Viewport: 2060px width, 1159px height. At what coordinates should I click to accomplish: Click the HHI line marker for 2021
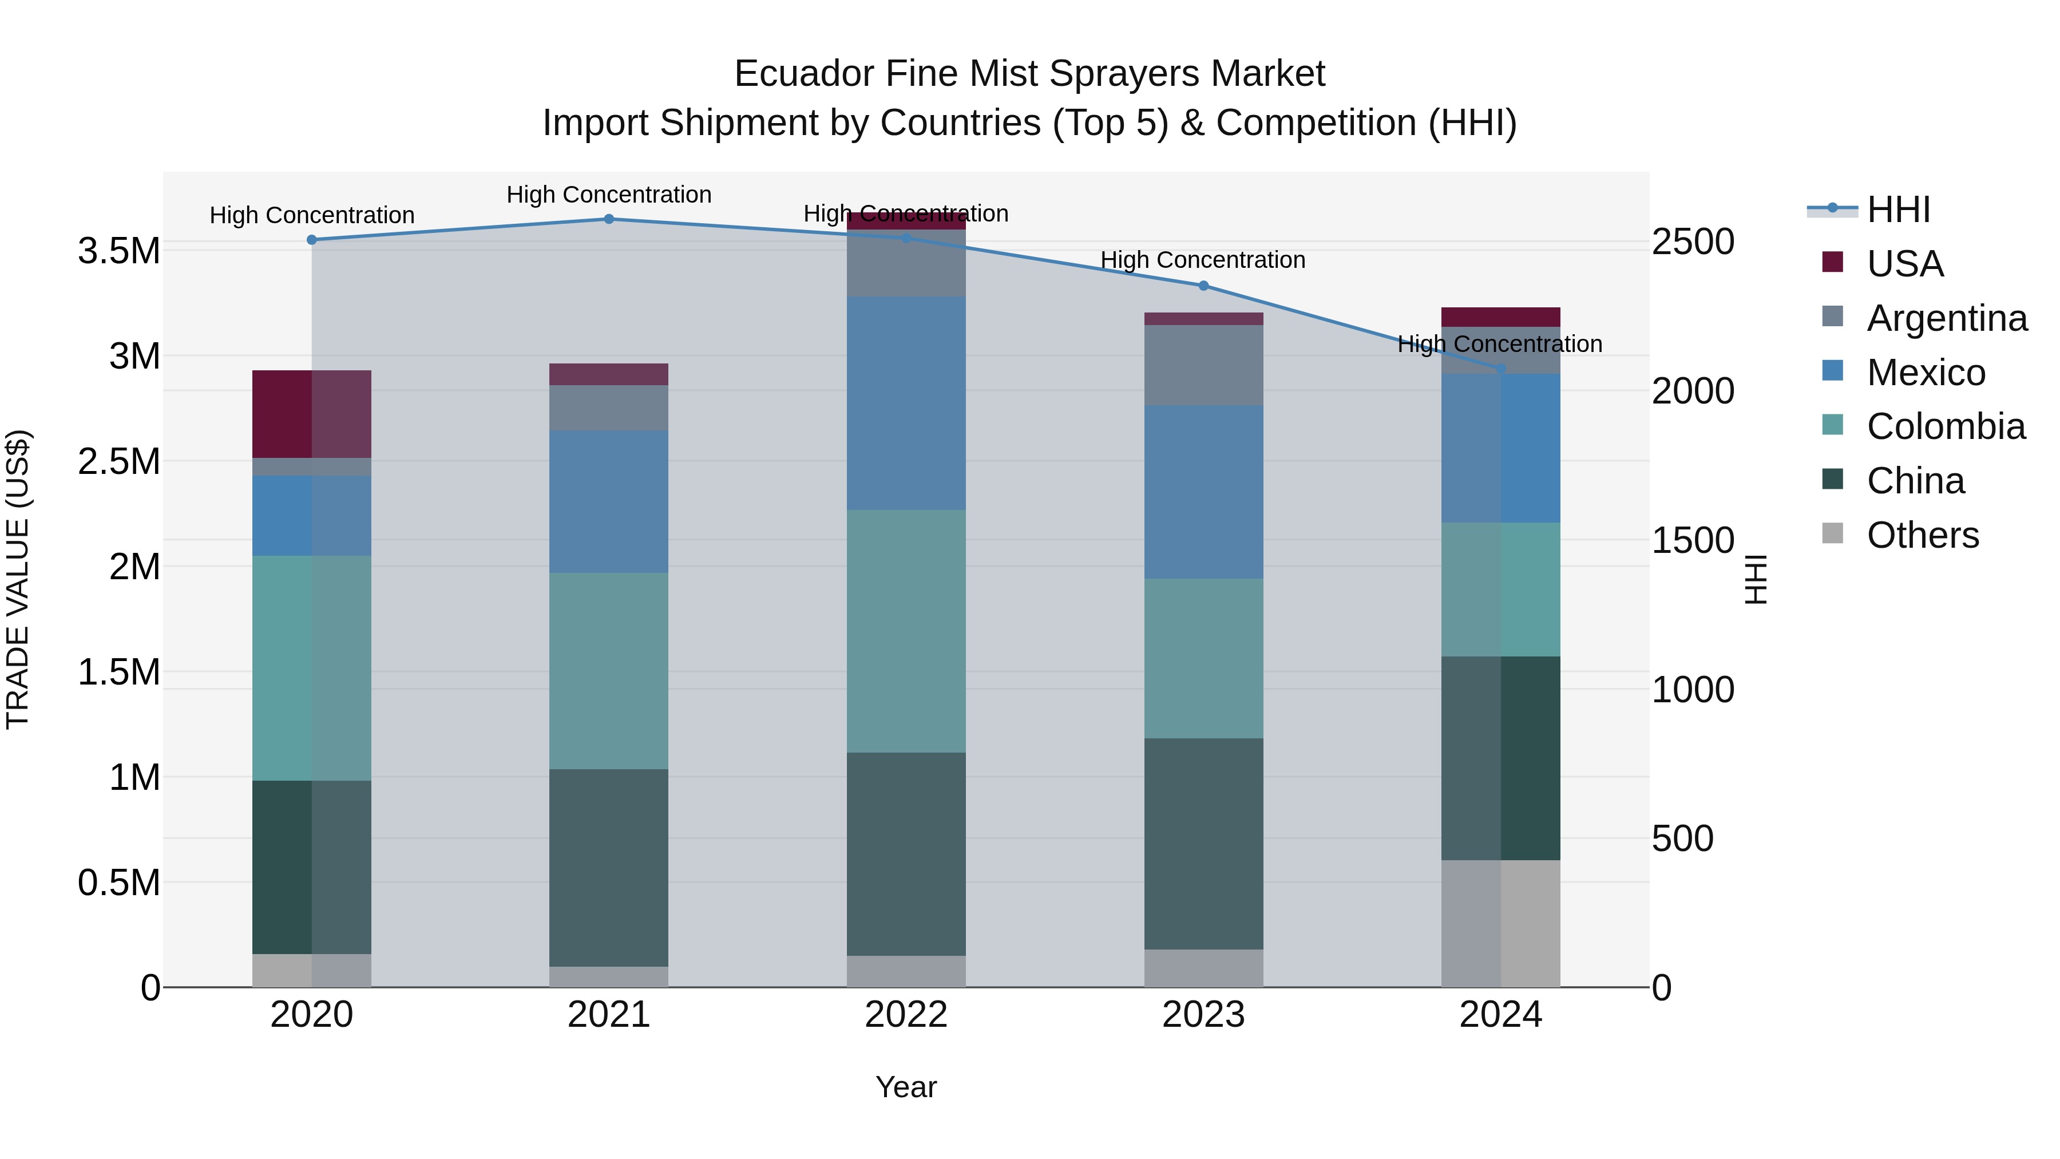(609, 219)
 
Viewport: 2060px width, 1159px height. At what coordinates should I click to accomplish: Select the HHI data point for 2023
(1203, 286)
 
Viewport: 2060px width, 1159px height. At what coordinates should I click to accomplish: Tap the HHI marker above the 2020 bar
(312, 240)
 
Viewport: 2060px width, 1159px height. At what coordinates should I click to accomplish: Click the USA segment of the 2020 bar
(312, 414)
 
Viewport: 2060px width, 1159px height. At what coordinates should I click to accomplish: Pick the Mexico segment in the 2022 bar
(906, 403)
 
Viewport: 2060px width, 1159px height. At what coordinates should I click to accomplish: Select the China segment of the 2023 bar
(1203, 844)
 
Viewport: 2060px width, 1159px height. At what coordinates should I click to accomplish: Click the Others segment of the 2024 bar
(1500, 924)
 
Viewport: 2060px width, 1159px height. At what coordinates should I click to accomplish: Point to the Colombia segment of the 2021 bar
(609, 671)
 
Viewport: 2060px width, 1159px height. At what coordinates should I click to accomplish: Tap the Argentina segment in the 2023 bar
(1203, 365)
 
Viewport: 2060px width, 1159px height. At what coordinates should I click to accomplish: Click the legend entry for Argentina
(1947, 318)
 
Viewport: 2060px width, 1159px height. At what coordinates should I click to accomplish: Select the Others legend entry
(1923, 535)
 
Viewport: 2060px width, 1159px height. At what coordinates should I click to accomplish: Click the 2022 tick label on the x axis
(906, 1015)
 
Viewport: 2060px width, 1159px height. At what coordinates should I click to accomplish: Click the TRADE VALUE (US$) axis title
(18, 579)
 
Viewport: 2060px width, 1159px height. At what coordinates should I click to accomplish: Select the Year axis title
(906, 1087)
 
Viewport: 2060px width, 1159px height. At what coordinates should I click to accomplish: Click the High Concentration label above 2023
(1203, 260)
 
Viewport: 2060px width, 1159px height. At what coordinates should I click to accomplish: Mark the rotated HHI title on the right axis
(1756, 579)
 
